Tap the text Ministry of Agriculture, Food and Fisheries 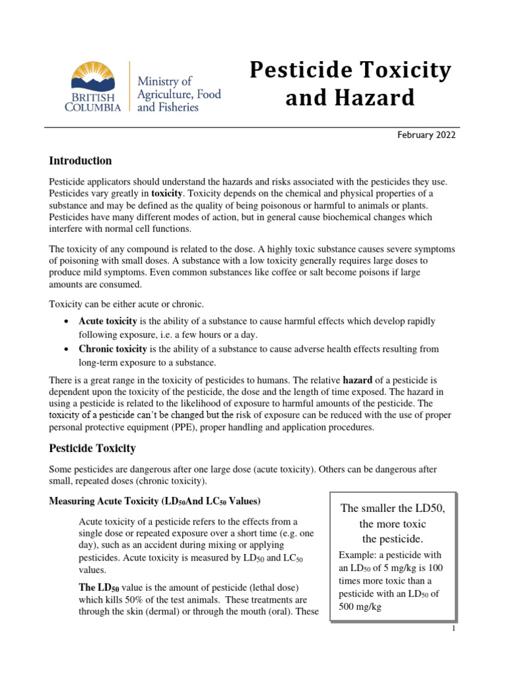(x=178, y=93)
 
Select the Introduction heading (x=81, y=161)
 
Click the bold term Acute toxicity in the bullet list (x=108, y=321)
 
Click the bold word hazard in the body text (x=362, y=380)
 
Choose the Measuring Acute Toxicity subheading (x=156, y=501)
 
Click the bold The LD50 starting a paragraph (x=99, y=587)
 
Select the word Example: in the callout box (x=359, y=555)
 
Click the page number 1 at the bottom (x=454, y=628)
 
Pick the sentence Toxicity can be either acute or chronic (x=127, y=304)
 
